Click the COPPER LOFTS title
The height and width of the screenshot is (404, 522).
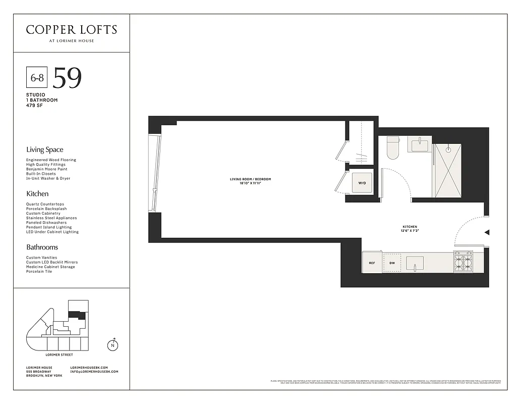[71, 29]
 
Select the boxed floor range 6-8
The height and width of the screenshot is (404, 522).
[36, 78]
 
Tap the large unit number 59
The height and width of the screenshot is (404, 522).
[67, 78]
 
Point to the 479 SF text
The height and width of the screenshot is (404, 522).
[35, 105]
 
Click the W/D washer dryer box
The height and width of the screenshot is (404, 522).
[362, 183]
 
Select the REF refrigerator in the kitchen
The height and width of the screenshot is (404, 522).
[372, 263]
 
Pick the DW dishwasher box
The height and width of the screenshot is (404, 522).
[392, 263]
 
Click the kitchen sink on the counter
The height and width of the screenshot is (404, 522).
[415, 263]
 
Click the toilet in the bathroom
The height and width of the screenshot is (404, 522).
[393, 147]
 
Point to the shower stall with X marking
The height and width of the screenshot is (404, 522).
[447, 170]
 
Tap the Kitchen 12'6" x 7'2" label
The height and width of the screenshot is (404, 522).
[410, 229]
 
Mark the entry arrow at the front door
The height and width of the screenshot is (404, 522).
[487, 232]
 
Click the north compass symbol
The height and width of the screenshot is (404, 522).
[112, 345]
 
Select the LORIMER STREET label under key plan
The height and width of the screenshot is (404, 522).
[59, 355]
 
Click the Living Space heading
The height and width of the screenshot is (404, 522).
[45, 149]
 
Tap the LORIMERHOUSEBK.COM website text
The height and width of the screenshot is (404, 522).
[89, 367]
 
